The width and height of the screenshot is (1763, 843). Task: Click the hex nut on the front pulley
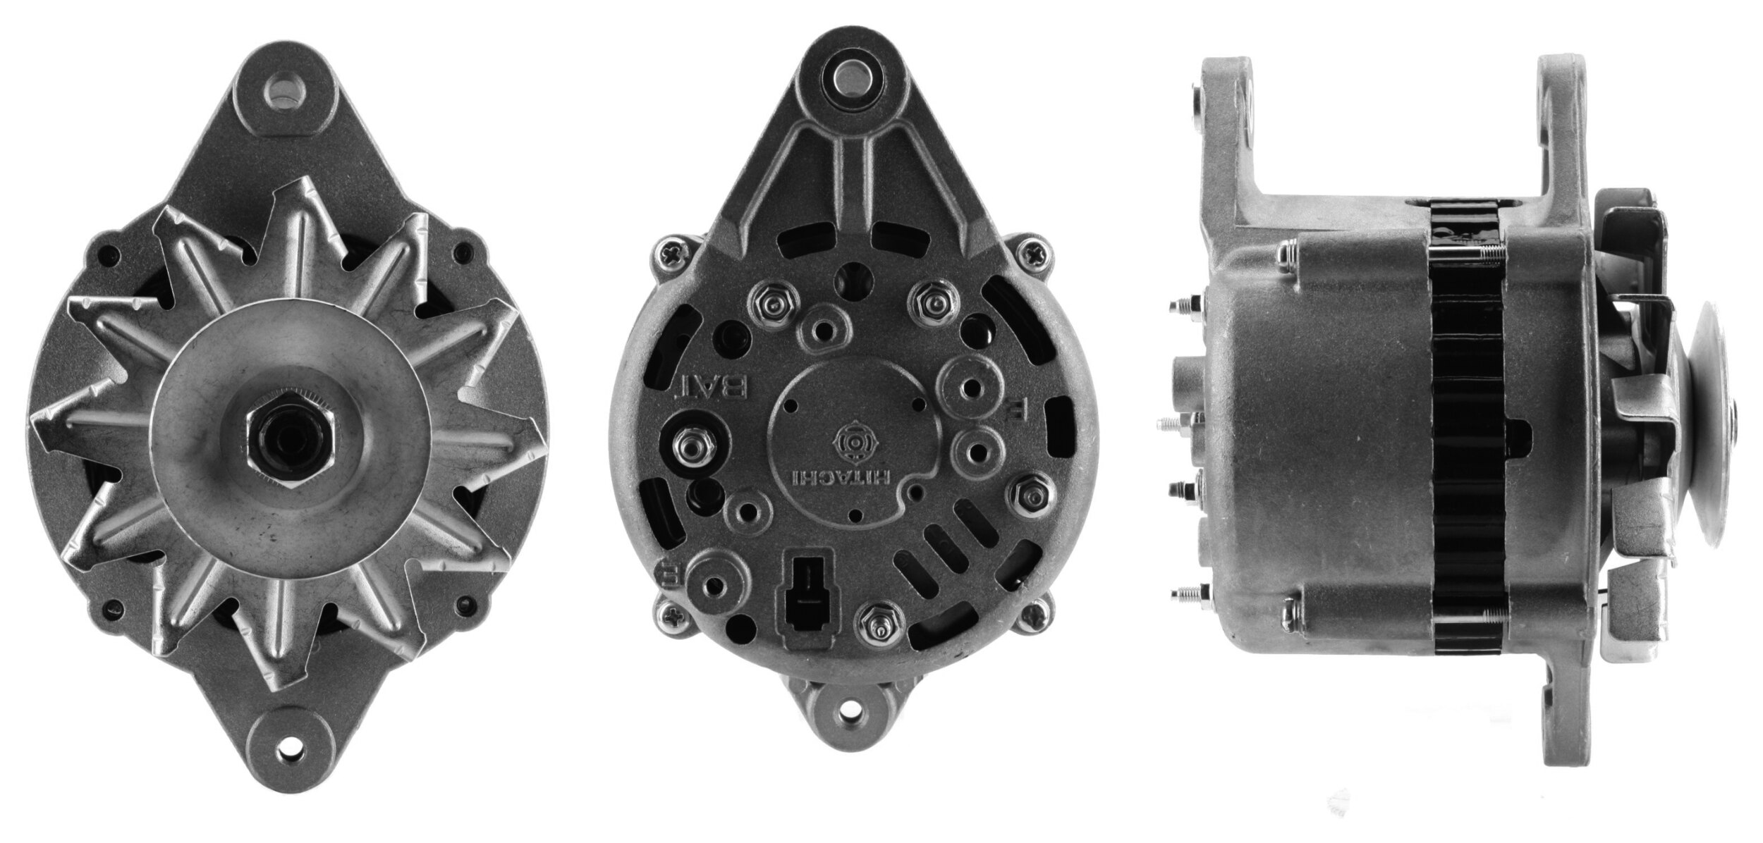point(290,441)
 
